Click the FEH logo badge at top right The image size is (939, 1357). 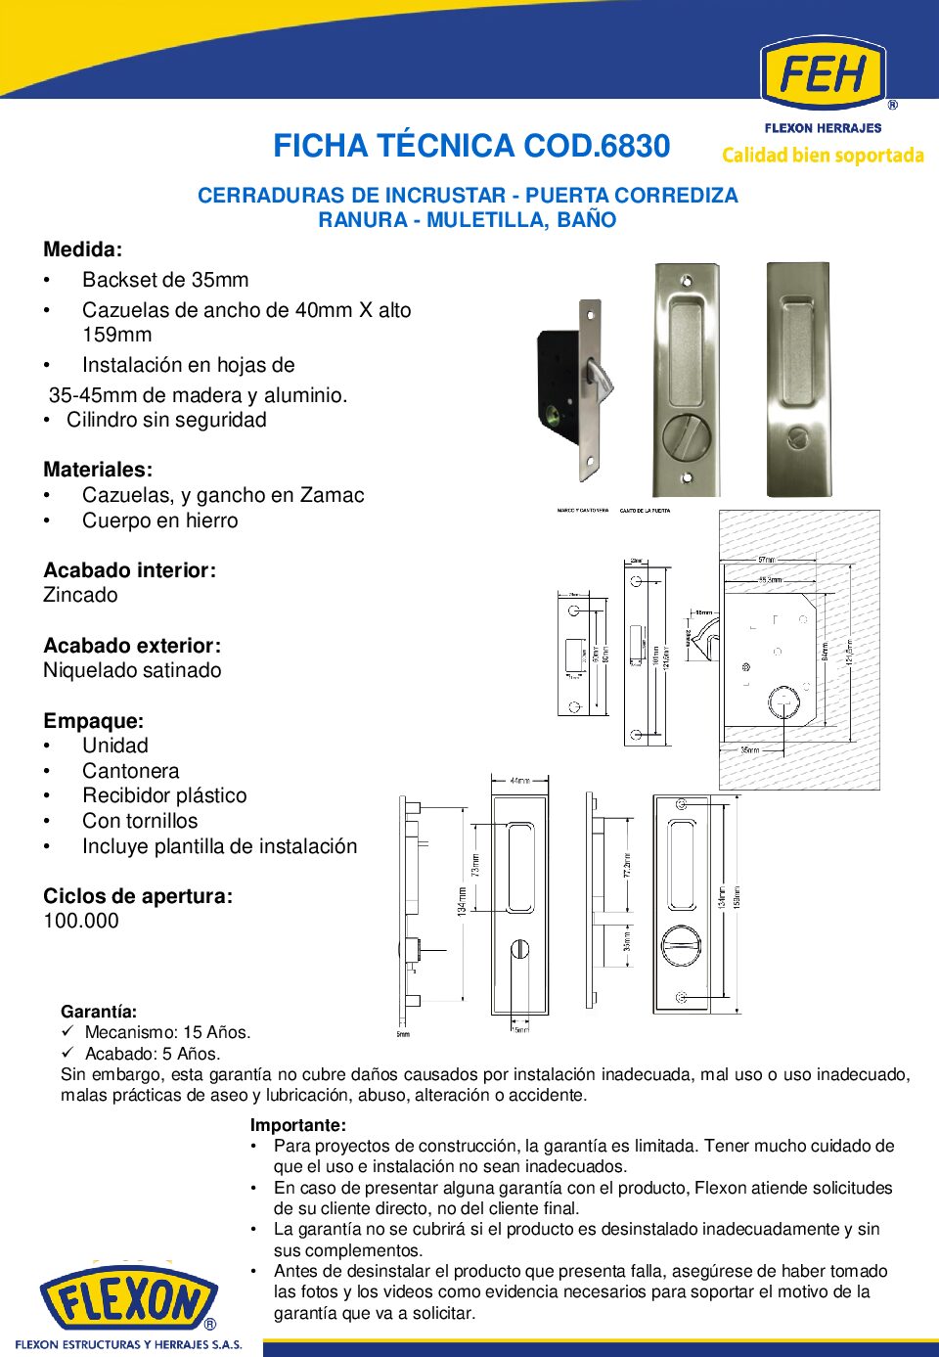click(x=823, y=73)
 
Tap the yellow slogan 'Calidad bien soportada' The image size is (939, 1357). click(x=823, y=156)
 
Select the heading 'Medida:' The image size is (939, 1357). click(x=82, y=249)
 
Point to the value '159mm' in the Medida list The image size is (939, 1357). click(x=116, y=335)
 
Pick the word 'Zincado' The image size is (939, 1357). click(x=80, y=595)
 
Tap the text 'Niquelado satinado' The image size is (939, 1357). click(x=132, y=670)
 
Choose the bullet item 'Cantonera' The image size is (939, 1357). click(x=130, y=771)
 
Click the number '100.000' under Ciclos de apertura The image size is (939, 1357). click(x=81, y=921)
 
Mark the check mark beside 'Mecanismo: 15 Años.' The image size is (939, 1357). click(x=67, y=1031)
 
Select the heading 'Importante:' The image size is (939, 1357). click(x=297, y=1125)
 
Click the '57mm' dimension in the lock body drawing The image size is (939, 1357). click(x=768, y=560)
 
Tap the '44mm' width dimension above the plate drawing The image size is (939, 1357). click(x=519, y=781)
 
